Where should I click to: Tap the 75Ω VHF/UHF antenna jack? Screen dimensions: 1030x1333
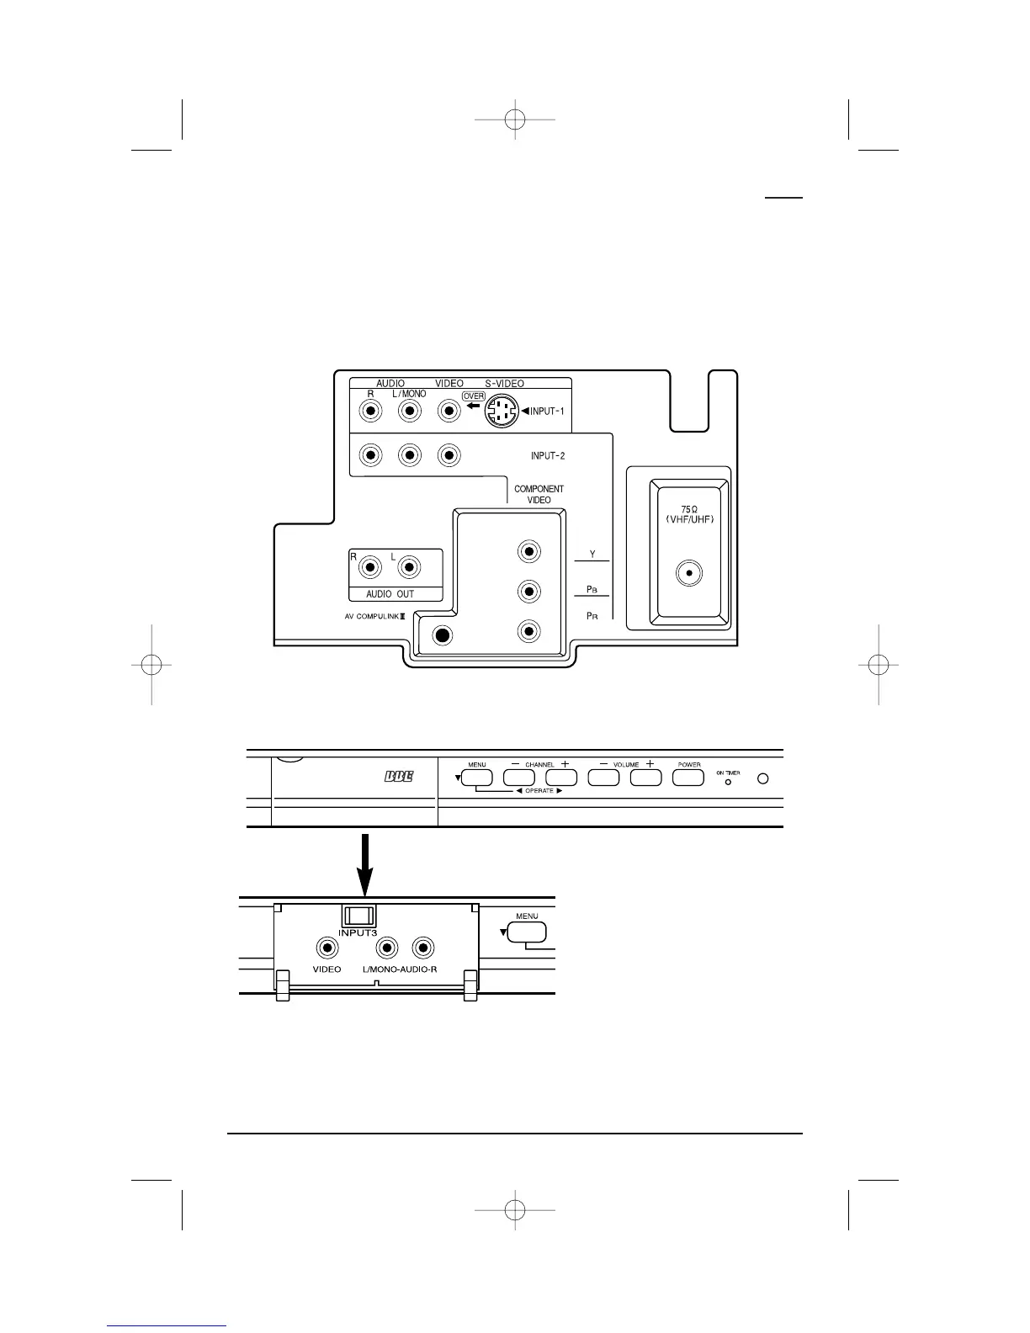coord(689,574)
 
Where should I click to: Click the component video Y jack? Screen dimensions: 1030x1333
coord(529,552)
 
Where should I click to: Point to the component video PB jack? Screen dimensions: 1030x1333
coord(529,592)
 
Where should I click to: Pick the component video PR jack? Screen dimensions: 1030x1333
coord(529,631)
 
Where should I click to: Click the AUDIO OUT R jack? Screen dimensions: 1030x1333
coord(369,567)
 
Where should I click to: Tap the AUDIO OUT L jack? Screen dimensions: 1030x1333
coord(409,567)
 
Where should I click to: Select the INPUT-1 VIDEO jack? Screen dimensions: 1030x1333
coord(449,411)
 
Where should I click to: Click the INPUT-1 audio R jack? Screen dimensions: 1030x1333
coord(369,411)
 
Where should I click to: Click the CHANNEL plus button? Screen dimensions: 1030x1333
coord(561,778)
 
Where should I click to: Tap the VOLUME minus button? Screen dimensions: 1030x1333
coord(603,778)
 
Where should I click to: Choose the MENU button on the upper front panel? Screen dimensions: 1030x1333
coord(477,778)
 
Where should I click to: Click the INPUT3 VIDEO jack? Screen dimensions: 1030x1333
coord(327,948)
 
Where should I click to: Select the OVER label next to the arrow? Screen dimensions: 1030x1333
coord(474,396)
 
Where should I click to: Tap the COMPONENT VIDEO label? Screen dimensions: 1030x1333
coord(539,494)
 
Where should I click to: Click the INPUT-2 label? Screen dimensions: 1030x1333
coord(547,456)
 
